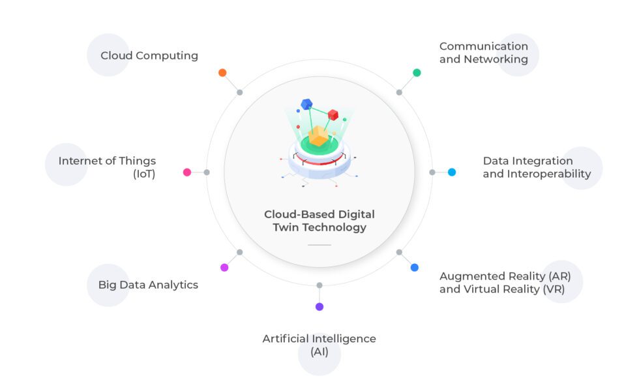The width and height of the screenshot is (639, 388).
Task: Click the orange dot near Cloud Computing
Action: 222,73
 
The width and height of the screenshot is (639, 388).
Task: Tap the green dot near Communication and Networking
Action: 417,73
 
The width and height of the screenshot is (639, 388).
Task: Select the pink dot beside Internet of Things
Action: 187,172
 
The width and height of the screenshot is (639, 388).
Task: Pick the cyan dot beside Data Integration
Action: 452,172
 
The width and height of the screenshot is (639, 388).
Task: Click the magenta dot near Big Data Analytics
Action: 224,267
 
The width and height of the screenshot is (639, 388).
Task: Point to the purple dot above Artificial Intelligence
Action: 319,306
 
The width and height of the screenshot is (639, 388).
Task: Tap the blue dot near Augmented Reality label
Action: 415,267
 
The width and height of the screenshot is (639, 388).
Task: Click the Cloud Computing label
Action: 149,56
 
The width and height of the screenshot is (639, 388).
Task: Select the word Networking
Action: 496,59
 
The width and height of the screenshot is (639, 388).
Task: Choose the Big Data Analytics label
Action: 148,285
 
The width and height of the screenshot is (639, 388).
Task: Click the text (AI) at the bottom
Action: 319,352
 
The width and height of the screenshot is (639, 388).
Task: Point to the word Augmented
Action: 471,276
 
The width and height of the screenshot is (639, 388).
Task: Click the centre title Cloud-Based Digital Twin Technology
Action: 319,221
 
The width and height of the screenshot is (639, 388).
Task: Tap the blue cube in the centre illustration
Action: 306,104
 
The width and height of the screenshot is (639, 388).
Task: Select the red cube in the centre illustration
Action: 333,115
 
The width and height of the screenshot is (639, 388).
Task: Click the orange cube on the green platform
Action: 318,137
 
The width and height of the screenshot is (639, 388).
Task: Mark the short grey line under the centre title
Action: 319,245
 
